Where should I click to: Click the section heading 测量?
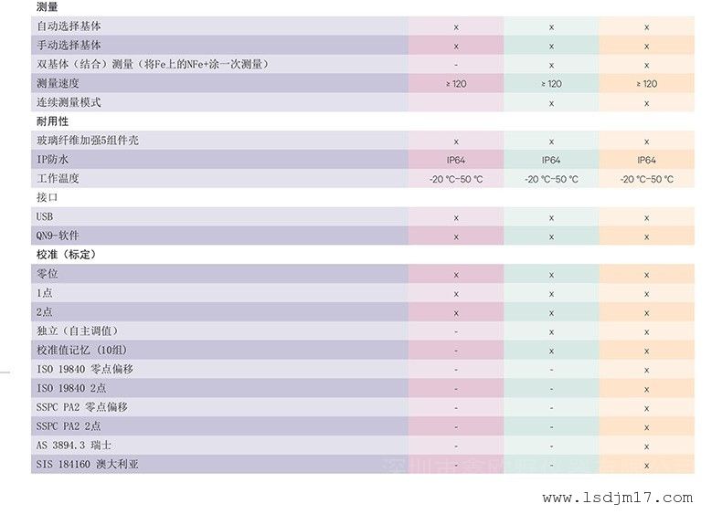pyautogui.click(x=47, y=8)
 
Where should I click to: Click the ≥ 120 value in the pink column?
pyautogui.click(x=455, y=84)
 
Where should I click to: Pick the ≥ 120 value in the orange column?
pyautogui.click(x=646, y=84)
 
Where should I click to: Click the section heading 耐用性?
pyautogui.click(x=52, y=121)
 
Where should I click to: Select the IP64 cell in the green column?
pyautogui.click(x=551, y=160)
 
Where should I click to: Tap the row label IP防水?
pyautogui.click(x=52, y=160)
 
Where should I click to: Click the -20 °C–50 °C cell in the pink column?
pyautogui.click(x=455, y=179)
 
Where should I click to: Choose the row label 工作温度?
pyautogui.click(x=58, y=179)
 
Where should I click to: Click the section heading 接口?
pyautogui.click(x=47, y=197)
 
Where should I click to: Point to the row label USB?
pyautogui.click(x=45, y=217)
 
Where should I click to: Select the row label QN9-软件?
pyautogui.click(x=58, y=236)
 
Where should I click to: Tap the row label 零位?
pyautogui.click(x=47, y=274)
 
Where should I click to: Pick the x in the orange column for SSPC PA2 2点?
pyautogui.click(x=646, y=426)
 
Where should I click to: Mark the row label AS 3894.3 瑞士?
pyautogui.click(x=74, y=446)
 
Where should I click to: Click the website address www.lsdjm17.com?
pyautogui.click(x=618, y=498)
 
